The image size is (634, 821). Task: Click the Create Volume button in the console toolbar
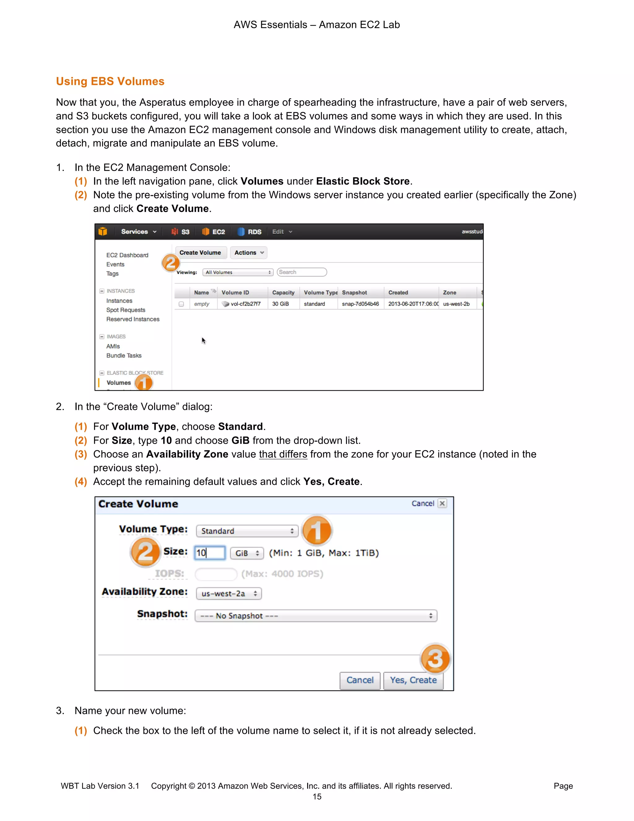click(200, 252)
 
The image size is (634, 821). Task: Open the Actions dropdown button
click(249, 252)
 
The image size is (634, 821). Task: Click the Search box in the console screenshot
click(302, 272)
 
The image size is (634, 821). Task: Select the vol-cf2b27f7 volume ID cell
click(245, 304)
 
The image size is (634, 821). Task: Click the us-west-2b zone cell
click(456, 304)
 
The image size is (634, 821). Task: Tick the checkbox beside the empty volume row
click(181, 304)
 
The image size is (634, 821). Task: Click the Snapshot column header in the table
click(354, 292)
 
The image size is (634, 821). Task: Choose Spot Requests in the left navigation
click(125, 310)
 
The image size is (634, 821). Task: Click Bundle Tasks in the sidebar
click(124, 355)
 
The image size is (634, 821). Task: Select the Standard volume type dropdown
click(247, 531)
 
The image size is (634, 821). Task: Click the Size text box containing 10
click(210, 553)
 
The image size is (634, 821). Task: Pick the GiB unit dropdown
click(247, 553)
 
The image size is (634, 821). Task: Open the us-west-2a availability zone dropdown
click(229, 594)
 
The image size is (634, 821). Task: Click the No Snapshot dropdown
click(315, 616)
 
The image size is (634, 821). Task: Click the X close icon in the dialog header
click(442, 503)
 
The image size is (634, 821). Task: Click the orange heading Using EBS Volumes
click(110, 81)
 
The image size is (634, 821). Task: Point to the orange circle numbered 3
click(435, 659)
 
